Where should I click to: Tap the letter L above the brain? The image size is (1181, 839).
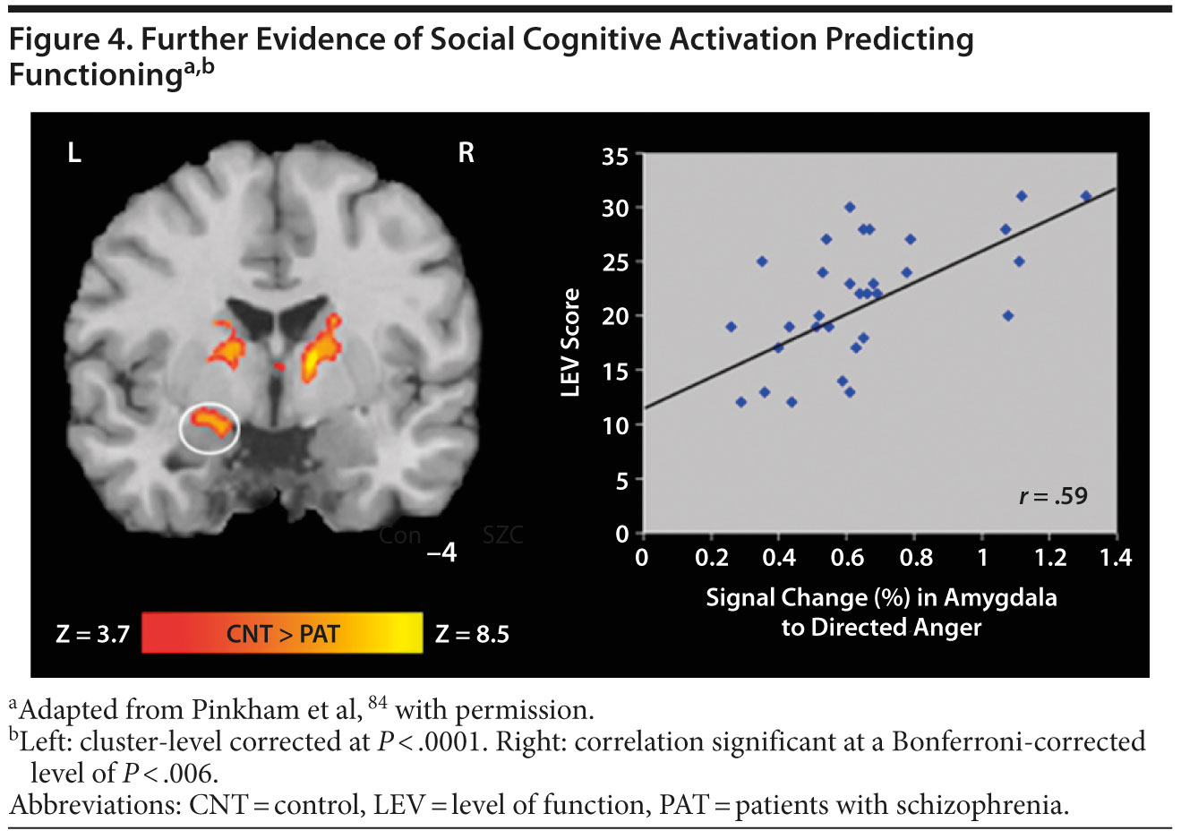coord(74,154)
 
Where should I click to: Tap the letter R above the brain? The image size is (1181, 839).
coord(466,153)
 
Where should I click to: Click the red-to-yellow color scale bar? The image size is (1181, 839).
coord(282,633)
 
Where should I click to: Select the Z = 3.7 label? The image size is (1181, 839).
coord(93,635)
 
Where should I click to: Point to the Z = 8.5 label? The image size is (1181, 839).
coord(472,635)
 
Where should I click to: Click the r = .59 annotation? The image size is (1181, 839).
coord(1053,495)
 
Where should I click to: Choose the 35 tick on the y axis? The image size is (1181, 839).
coord(616,158)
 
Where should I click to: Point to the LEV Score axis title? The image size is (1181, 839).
coord(570,342)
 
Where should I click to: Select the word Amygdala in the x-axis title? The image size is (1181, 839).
coord(1000,597)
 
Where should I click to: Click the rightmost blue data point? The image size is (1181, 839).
coord(1086,196)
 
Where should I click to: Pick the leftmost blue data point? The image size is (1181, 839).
coord(731,327)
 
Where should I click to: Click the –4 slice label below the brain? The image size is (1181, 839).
coord(441,552)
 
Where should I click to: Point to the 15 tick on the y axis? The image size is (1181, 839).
coord(616,371)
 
